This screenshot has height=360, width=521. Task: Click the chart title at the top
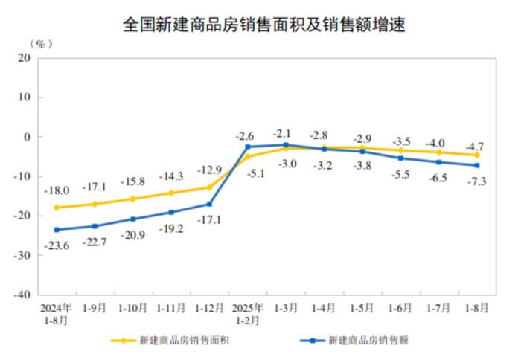(x=264, y=25)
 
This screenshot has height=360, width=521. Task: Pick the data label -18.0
(x=57, y=191)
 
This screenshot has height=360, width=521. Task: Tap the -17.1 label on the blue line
(x=210, y=221)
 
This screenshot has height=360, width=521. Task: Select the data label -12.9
(x=208, y=170)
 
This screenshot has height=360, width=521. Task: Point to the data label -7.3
(x=476, y=182)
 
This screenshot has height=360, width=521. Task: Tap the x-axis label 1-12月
(x=209, y=308)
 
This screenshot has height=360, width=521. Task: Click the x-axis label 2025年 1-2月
(x=247, y=313)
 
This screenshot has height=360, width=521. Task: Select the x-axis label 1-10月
(x=132, y=308)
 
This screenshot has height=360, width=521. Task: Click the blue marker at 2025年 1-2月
(x=248, y=147)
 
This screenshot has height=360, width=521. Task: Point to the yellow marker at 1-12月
(x=209, y=187)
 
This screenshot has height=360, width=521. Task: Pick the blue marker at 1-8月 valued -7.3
(x=477, y=165)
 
